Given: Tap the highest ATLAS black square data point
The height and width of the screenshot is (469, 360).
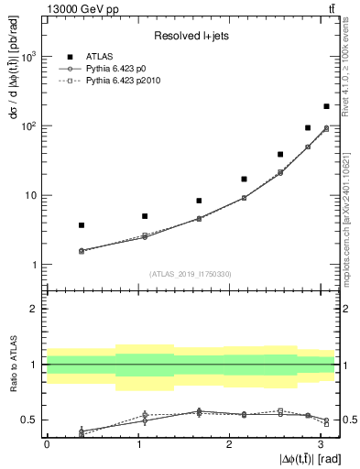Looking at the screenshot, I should point(326,106).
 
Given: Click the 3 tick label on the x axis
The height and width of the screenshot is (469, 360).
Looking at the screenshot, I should point(320,443).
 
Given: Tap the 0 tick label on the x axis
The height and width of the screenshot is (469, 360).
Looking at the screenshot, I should point(47,443).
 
